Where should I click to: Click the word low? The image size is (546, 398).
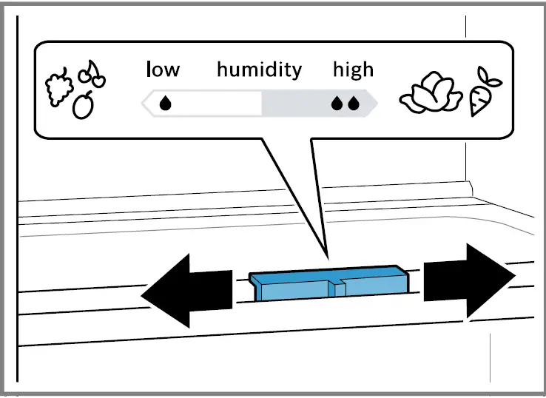coord(163,70)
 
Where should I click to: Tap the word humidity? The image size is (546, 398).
coord(259,70)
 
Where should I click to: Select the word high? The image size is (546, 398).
coord(353,70)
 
